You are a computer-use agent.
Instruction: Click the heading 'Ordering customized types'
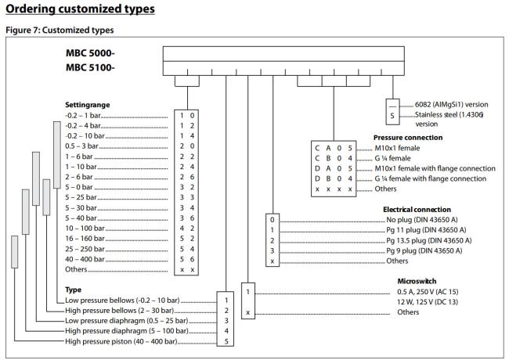click(x=80, y=9)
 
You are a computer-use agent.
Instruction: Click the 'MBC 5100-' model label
click(x=90, y=67)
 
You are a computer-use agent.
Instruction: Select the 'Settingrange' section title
click(x=88, y=105)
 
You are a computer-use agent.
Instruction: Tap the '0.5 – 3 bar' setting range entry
click(x=81, y=146)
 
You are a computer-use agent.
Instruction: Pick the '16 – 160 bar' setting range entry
click(x=85, y=239)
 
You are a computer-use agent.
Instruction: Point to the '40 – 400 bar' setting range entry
click(x=85, y=259)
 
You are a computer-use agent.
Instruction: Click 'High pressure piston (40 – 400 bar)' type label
click(x=121, y=341)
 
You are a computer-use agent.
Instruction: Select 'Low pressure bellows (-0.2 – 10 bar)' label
click(x=122, y=301)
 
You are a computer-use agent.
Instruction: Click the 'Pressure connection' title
click(x=408, y=138)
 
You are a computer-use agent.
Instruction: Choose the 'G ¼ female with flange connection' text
click(x=431, y=178)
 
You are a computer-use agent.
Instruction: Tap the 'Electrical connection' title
click(x=417, y=210)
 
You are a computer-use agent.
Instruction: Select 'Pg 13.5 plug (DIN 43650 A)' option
click(x=429, y=240)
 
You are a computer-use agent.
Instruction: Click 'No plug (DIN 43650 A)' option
click(x=421, y=220)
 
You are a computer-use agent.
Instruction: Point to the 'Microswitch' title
click(x=417, y=281)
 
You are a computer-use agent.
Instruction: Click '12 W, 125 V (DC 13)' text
click(x=428, y=302)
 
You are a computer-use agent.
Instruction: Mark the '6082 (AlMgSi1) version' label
click(x=452, y=104)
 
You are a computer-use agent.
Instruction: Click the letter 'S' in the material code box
click(x=392, y=116)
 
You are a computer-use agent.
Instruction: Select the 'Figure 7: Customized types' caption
click(x=60, y=31)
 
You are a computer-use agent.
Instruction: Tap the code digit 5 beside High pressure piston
click(x=226, y=341)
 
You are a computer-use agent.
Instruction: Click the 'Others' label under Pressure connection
click(x=385, y=189)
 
